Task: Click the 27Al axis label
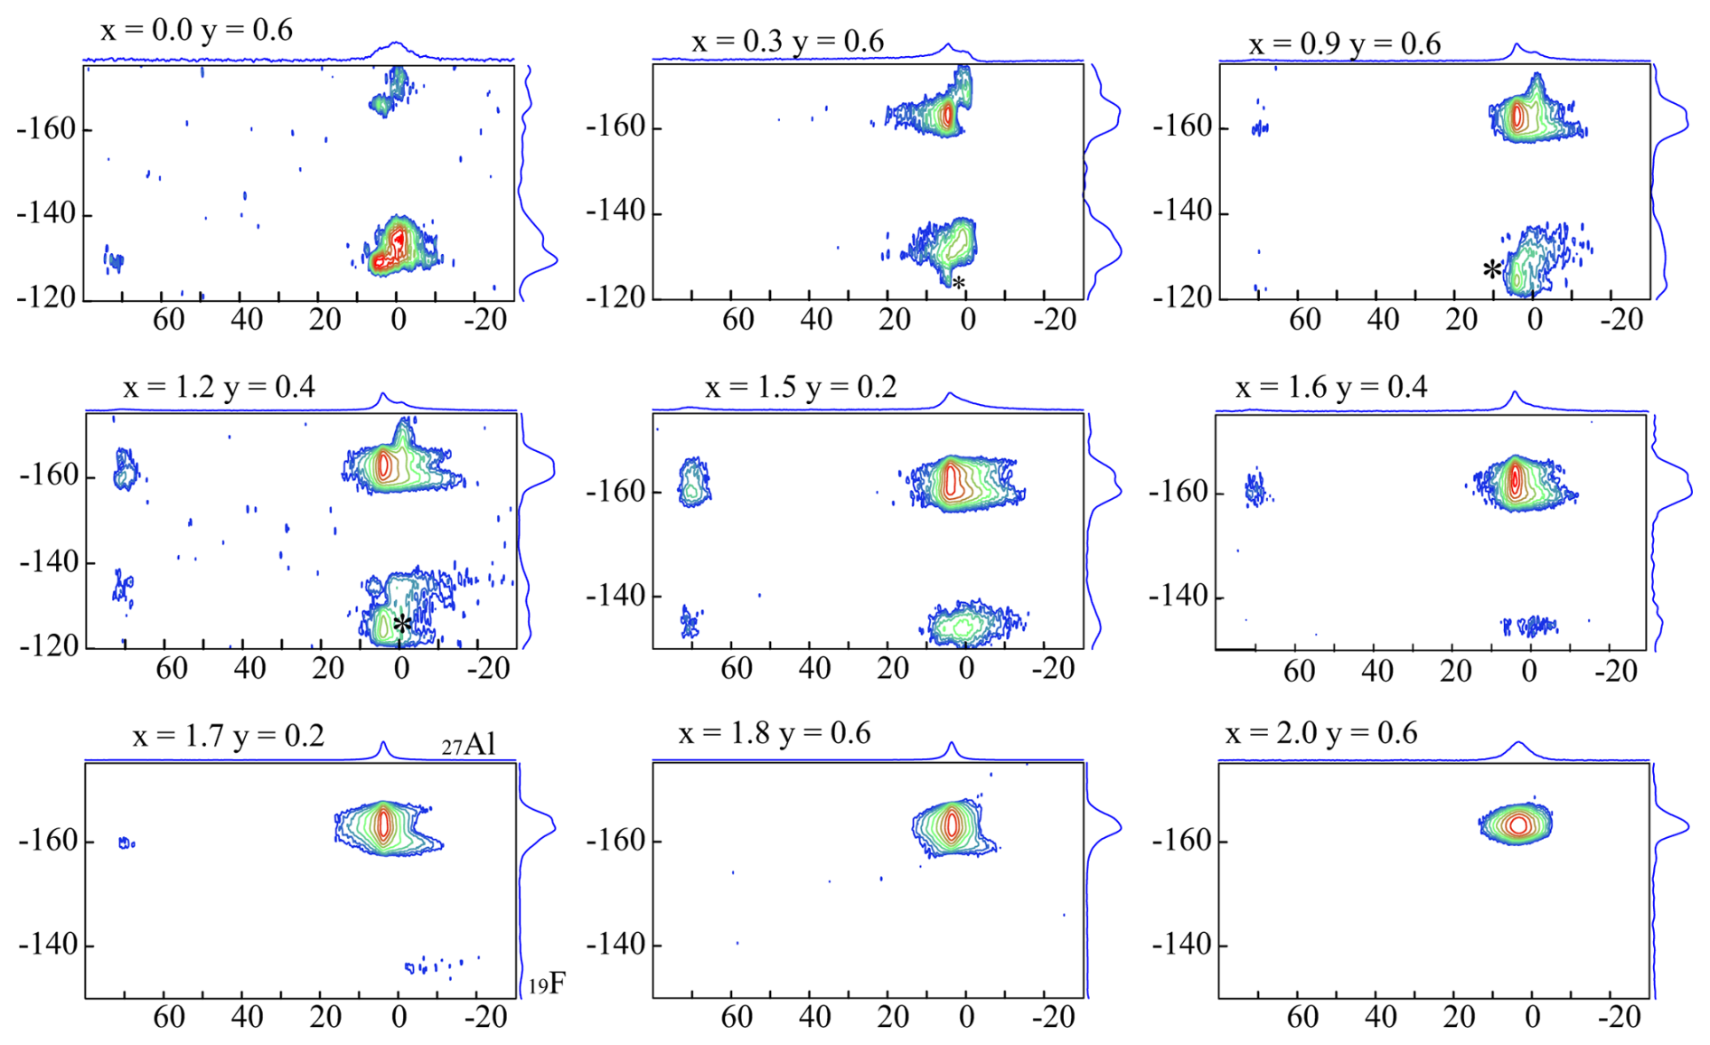pos(469,745)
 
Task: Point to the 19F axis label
pos(548,984)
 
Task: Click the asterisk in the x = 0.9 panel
pos(1492,269)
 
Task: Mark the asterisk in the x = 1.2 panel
pos(402,624)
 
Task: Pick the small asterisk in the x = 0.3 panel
pos(959,284)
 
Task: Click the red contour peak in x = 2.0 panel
pos(1517,824)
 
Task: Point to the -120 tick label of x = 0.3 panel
pos(615,297)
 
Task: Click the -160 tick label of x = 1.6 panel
pos(1179,493)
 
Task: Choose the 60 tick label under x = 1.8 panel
pos(737,1017)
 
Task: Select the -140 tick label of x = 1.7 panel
pos(47,945)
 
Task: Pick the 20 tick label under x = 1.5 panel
pos(893,669)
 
